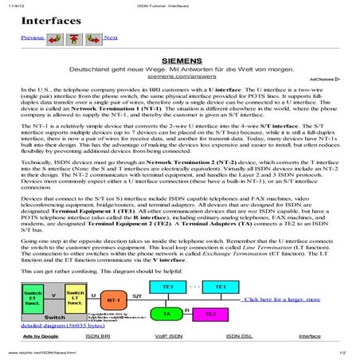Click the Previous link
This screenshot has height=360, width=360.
tap(32, 37)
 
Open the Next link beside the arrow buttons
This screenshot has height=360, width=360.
tap(111, 37)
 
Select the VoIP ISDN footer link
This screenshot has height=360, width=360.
tap(166, 336)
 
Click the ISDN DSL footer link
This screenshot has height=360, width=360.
tap(240, 336)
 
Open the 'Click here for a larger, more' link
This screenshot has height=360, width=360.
tap(282, 299)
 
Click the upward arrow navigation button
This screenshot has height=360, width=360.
tap(74, 37)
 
